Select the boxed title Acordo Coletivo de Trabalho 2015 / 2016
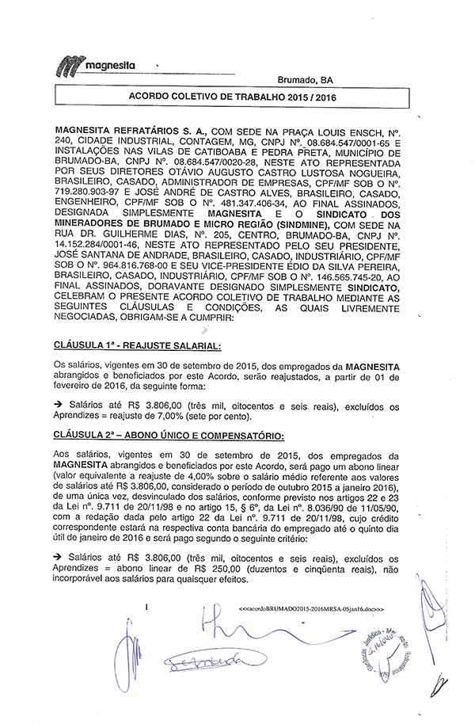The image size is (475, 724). pyautogui.click(x=232, y=97)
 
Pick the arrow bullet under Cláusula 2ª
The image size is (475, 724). pyautogui.click(x=59, y=559)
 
